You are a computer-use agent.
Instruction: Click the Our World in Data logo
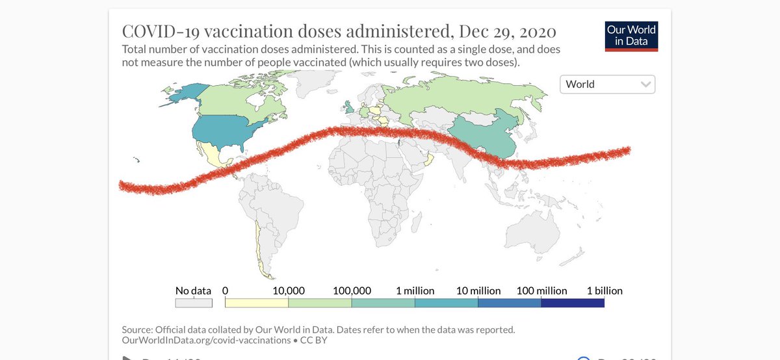point(631,36)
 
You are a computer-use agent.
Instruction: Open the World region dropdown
point(607,84)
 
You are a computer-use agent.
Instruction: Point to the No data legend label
point(193,290)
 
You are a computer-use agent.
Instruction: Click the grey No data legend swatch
point(194,303)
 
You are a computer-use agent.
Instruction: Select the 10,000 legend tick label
point(288,290)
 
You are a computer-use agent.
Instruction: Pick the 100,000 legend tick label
point(351,290)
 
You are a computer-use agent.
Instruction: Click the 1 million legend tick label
point(415,290)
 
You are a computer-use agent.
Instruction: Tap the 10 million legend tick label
point(478,290)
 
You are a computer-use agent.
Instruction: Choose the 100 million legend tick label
point(541,290)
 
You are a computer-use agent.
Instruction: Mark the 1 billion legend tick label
point(604,290)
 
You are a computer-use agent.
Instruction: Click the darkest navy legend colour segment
point(573,303)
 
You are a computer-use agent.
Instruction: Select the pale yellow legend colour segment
point(256,303)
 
